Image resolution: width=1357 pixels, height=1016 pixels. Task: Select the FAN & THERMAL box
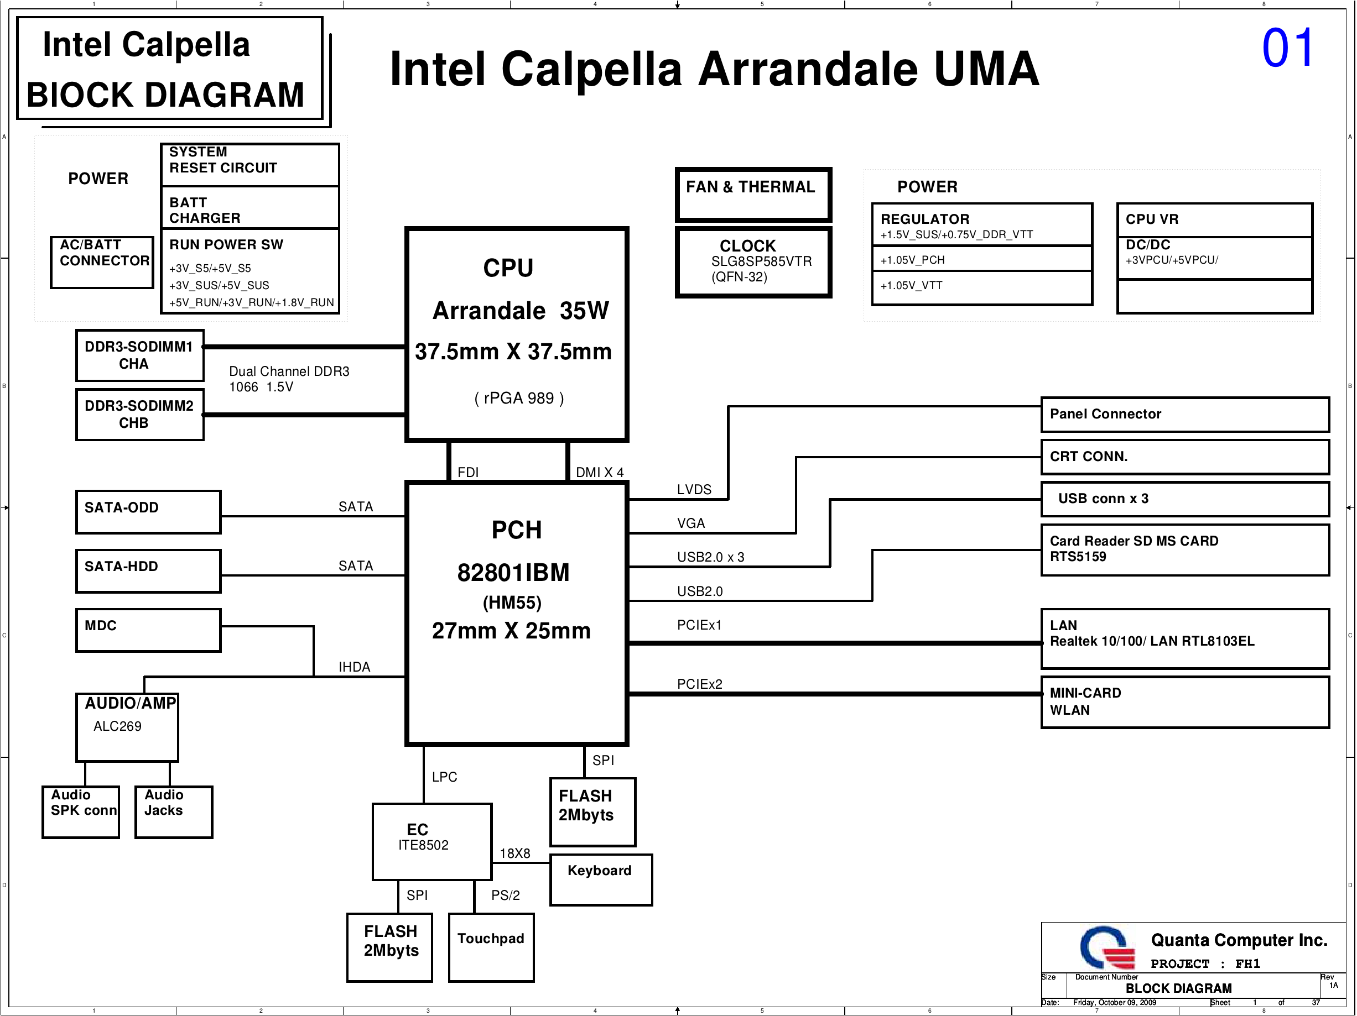(x=753, y=195)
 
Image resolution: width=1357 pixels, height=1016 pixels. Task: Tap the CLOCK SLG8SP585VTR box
(x=753, y=263)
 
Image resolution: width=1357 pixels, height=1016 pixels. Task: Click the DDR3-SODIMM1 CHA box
(x=140, y=355)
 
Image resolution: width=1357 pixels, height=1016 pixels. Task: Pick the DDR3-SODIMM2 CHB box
(x=140, y=415)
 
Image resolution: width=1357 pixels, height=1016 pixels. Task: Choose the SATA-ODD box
(x=148, y=512)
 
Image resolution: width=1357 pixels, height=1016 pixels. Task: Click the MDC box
(x=148, y=630)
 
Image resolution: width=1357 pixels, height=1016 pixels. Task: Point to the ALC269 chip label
(x=117, y=726)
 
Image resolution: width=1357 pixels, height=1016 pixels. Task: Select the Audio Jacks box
(x=174, y=813)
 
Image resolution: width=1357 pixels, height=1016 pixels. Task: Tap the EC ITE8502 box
(x=433, y=842)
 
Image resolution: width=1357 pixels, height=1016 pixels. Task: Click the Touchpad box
(x=491, y=947)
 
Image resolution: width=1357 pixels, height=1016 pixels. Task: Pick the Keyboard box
(x=601, y=880)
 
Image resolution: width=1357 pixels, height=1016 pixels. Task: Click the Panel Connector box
(x=1185, y=415)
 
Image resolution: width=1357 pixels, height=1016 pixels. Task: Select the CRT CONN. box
(x=1185, y=457)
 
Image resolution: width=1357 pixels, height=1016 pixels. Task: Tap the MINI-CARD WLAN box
(x=1185, y=702)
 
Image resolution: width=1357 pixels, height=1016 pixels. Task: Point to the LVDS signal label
(x=694, y=489)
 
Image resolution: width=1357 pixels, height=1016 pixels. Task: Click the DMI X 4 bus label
(x=599, y=472)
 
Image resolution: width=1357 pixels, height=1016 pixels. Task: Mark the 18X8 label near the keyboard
(x=514, y=853)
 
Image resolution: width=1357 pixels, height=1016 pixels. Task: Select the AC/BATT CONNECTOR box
(x=102, y=263)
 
